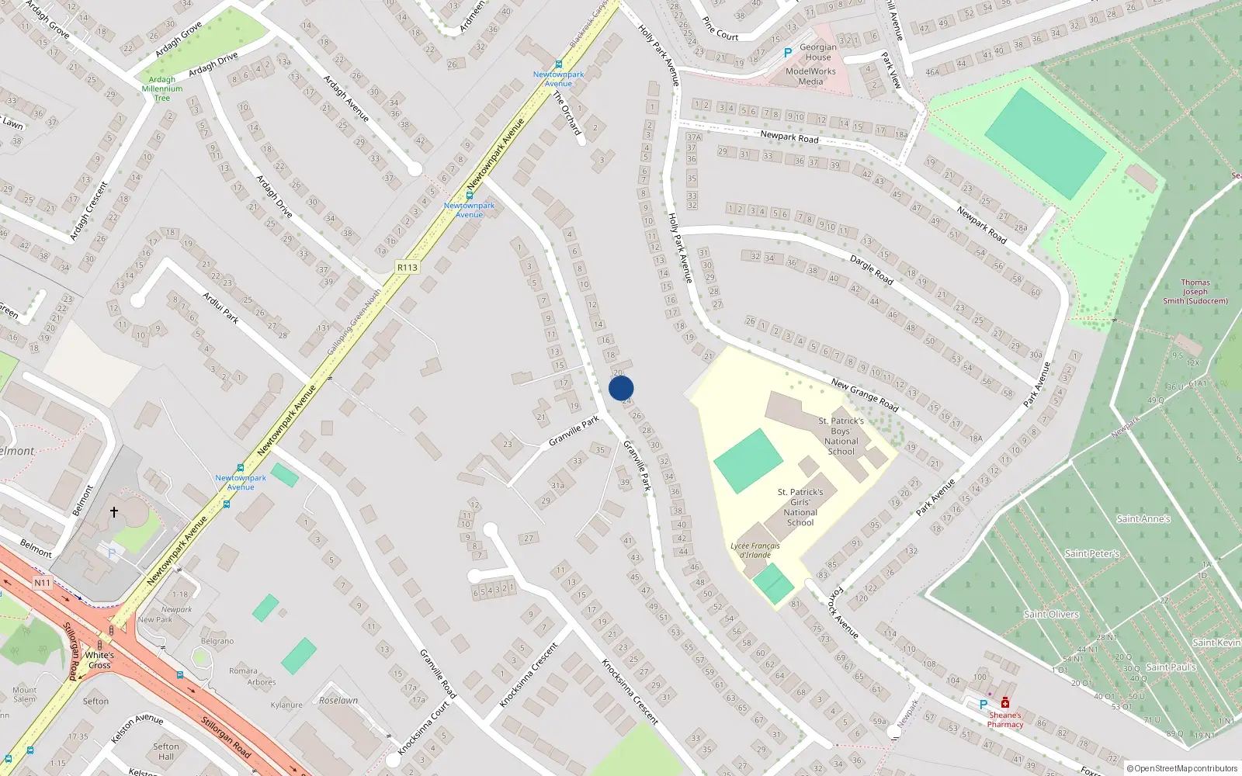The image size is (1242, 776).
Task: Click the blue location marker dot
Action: click(621, 388)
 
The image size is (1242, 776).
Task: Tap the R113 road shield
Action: click(407, 267)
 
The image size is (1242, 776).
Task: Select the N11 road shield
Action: click(42, 583)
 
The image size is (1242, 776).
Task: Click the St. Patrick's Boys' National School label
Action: click(841, 436)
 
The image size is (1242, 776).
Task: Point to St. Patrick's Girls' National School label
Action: click(800, 507)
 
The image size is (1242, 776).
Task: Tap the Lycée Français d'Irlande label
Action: click(755, 550)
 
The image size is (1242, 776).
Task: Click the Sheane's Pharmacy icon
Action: click(1004, 703)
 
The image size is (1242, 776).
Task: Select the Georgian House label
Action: click(818, 52)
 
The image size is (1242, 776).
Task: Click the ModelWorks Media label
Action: click(810, 76)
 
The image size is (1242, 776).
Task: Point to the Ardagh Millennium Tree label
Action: click(162, 88)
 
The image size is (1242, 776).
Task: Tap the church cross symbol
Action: click(114, 512)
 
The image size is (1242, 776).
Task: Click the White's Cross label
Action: click(99, 660)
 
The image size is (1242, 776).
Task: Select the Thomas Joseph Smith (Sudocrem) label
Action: click(1195, 292)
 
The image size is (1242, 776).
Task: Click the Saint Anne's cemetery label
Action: click(1143, 519)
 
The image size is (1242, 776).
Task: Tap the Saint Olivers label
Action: click(1051, 614)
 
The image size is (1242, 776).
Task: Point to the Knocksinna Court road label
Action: click(424, 729)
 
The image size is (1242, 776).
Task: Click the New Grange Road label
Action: click(864, 395)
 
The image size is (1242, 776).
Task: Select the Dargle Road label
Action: click(871, 269)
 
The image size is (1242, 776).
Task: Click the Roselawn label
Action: click(338, 700)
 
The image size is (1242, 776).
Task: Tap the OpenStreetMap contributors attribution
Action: click(1181, 768)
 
